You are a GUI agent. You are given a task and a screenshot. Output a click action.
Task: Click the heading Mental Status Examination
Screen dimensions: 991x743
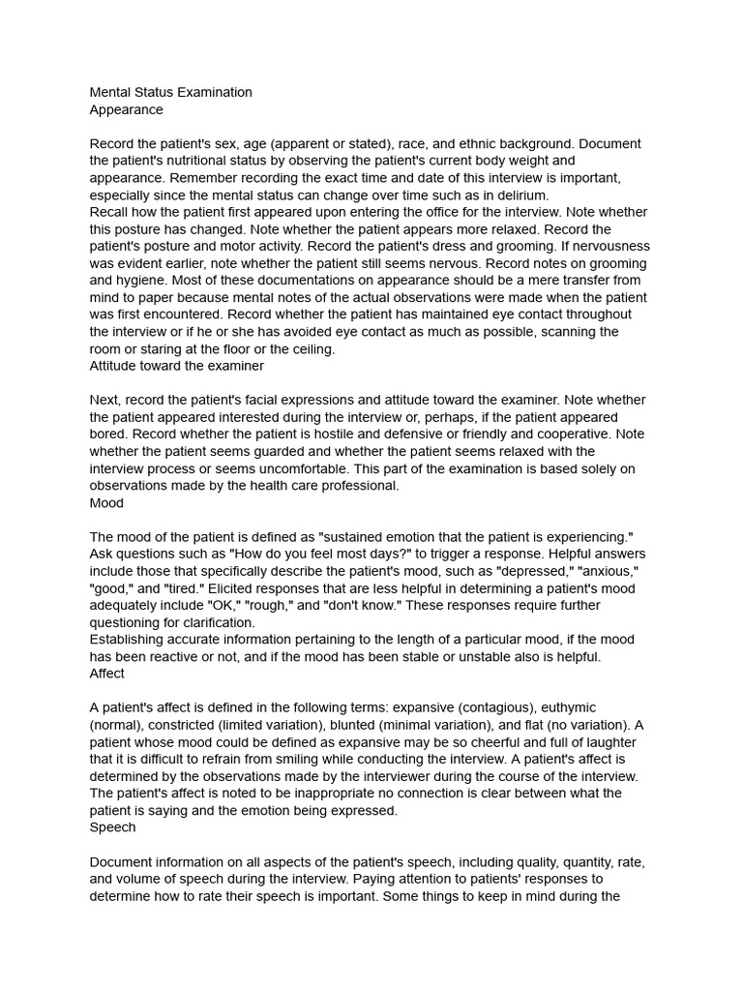point(170,92)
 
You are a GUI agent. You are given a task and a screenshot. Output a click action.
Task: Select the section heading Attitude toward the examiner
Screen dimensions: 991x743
point(176,366)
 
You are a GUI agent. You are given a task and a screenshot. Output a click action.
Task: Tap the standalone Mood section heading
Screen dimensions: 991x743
point(106,503)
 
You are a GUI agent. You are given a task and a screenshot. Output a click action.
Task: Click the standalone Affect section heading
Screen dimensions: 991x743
point(107,674)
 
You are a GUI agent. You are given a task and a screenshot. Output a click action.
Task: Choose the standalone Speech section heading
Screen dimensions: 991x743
point(112,827)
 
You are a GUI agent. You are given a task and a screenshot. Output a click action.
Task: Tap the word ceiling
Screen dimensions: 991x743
point(306,349)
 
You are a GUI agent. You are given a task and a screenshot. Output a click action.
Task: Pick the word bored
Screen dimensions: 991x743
point(110,435)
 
